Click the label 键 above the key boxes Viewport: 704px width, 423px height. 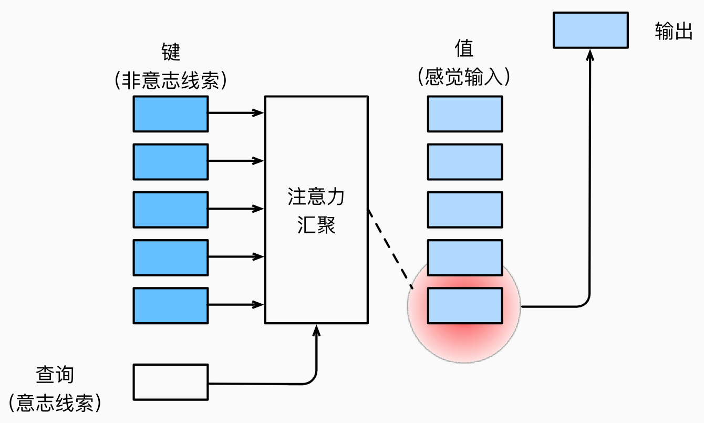171,52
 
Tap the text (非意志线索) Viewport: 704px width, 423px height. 171,80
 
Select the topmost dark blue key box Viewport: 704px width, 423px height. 170,113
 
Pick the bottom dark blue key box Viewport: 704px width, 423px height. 170,305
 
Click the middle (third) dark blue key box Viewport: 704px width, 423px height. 170,209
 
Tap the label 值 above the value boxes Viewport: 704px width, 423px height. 464,49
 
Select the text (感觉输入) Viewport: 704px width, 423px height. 464,78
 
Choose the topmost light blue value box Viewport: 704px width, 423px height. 464,113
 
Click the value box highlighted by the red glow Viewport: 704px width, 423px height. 464,305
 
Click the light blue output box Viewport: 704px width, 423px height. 591,30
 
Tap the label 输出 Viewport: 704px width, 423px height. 673,32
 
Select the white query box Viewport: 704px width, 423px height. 170,381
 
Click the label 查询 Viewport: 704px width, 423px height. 55,375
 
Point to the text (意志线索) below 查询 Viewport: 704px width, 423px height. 55,403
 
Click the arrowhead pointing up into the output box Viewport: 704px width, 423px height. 591,54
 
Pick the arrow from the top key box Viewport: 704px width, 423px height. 235,112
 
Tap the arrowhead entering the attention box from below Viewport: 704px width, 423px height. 316,329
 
